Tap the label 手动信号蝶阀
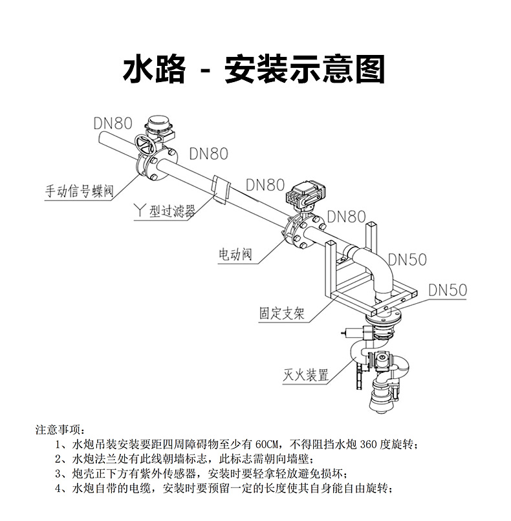[x=79, y=191]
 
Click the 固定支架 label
[x=281, y=314]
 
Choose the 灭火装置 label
[x=306, y=375]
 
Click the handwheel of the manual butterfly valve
[x=146, y=144]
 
